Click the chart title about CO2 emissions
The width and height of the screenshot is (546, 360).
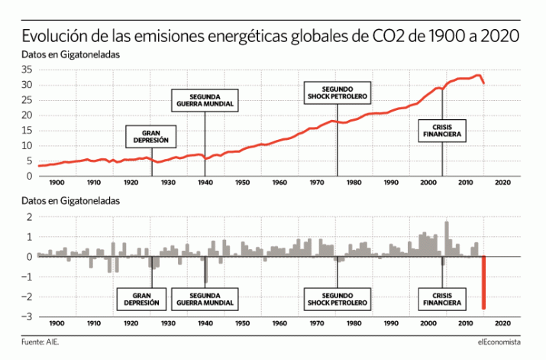point(271,37)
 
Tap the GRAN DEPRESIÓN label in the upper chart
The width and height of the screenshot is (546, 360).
point(151,137)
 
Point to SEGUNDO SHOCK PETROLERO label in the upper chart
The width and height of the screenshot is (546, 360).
point(337,93)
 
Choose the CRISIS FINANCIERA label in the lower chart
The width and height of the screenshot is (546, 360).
point(441,298)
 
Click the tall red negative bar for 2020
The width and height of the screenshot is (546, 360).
point(484,282)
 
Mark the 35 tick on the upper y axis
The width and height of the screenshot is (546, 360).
point(26,69)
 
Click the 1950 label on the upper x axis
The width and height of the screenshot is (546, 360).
point(241,183)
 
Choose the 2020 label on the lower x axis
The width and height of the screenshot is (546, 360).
point(503,324)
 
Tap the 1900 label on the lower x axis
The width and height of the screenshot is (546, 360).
point(57,324)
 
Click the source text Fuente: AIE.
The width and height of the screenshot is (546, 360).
point(40,342)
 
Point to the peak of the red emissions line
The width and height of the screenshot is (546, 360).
point(478,75)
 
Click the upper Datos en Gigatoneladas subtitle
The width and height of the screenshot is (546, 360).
point(72,55)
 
